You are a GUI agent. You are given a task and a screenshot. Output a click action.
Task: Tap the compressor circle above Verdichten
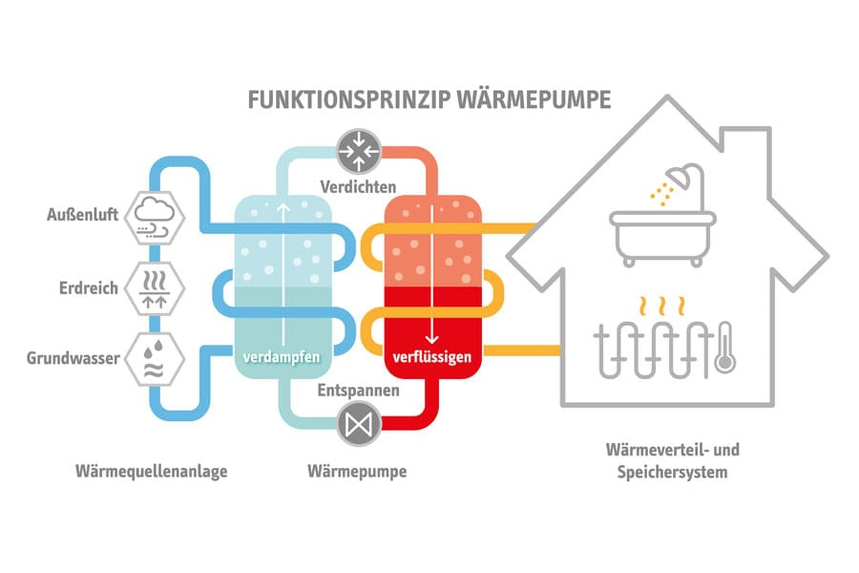pyautogui.click(x=358, y=151)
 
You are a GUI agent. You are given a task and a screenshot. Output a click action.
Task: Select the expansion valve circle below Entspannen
pyautogui.click(x=358, y=424)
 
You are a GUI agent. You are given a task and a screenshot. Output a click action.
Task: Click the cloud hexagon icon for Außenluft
pyautogui.click(x=155, y=218)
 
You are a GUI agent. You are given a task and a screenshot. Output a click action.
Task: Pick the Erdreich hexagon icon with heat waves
pyautogui.click(x=155, y=289)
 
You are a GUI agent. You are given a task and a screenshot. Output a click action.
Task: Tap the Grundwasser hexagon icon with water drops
pyautogui.click(x=155, y=359)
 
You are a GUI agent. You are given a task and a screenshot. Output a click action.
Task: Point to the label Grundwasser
pyautogui.click(x=73, y=359)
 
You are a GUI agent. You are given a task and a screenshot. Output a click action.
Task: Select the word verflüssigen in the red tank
pyautogui.click(x=432, y=357)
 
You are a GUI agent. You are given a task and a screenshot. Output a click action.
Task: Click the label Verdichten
pyautogui.click(x=358, y=187)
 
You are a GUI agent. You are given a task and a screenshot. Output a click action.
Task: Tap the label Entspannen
pyautogui.click(x=358, y=391)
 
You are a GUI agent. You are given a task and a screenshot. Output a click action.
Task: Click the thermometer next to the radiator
pyautogui.click(x=725, y=349)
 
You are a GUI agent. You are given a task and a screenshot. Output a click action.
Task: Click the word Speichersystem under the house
pyautogui.click(x=672, y=472)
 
